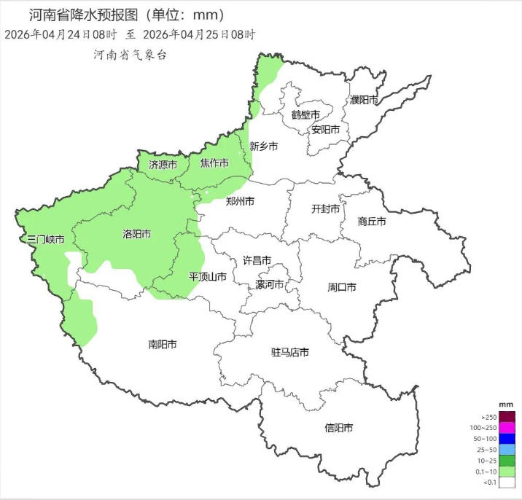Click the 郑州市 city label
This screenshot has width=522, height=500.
point(240,200)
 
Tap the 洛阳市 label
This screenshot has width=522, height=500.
point(136,235)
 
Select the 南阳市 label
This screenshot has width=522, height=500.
point(163,344)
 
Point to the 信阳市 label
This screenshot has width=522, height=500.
point(339,428)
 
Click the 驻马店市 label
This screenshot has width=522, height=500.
point(290,353)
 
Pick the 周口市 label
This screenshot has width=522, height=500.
point(341,287)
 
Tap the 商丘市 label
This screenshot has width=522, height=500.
point(372,221)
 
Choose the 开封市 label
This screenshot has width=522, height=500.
point(326,209)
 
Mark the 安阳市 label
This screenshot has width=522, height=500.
point(326,130)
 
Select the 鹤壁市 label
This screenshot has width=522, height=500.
point(305,115)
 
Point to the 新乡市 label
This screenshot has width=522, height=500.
point(264,147)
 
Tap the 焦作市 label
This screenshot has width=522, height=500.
point(215,163)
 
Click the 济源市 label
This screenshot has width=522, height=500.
point(163,165)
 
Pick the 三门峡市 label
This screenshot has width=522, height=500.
point(45,239)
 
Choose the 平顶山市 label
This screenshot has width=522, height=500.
point(207,277)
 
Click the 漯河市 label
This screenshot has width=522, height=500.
point(269,284)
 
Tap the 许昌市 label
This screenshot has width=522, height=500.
point(257,260)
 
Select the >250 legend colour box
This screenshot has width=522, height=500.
point(507,417)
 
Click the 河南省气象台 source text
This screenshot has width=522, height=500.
point(130,55)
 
